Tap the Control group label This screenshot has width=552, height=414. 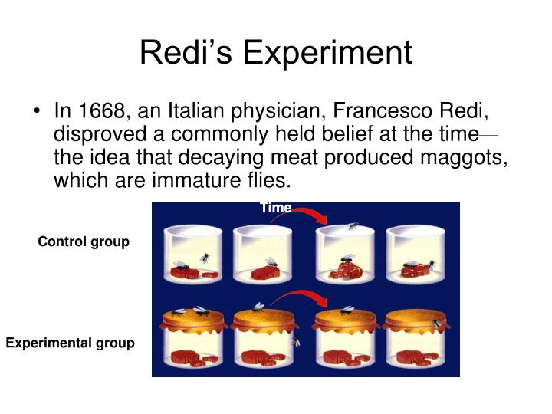84,242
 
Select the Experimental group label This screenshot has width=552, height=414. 70,343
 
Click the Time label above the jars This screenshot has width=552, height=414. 275,208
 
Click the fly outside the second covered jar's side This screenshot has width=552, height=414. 297,340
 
